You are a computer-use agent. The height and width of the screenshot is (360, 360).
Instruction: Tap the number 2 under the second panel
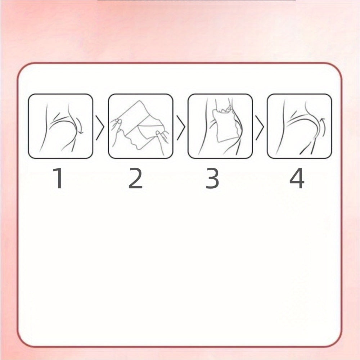click(x=135, y=178)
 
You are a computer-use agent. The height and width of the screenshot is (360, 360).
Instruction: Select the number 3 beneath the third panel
click(x=212, y=178)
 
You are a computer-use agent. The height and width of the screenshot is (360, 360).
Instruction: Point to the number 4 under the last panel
click(x=297, y=178)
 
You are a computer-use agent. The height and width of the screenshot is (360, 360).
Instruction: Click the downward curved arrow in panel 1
click(x=80, y=125)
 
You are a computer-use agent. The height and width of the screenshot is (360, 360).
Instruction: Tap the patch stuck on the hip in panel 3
click(x=224, y=126)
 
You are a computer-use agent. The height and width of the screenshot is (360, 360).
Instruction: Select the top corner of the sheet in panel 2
click(x=140, y=101)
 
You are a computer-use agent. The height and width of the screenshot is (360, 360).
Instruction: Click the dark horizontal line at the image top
click(x=197, y=0)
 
